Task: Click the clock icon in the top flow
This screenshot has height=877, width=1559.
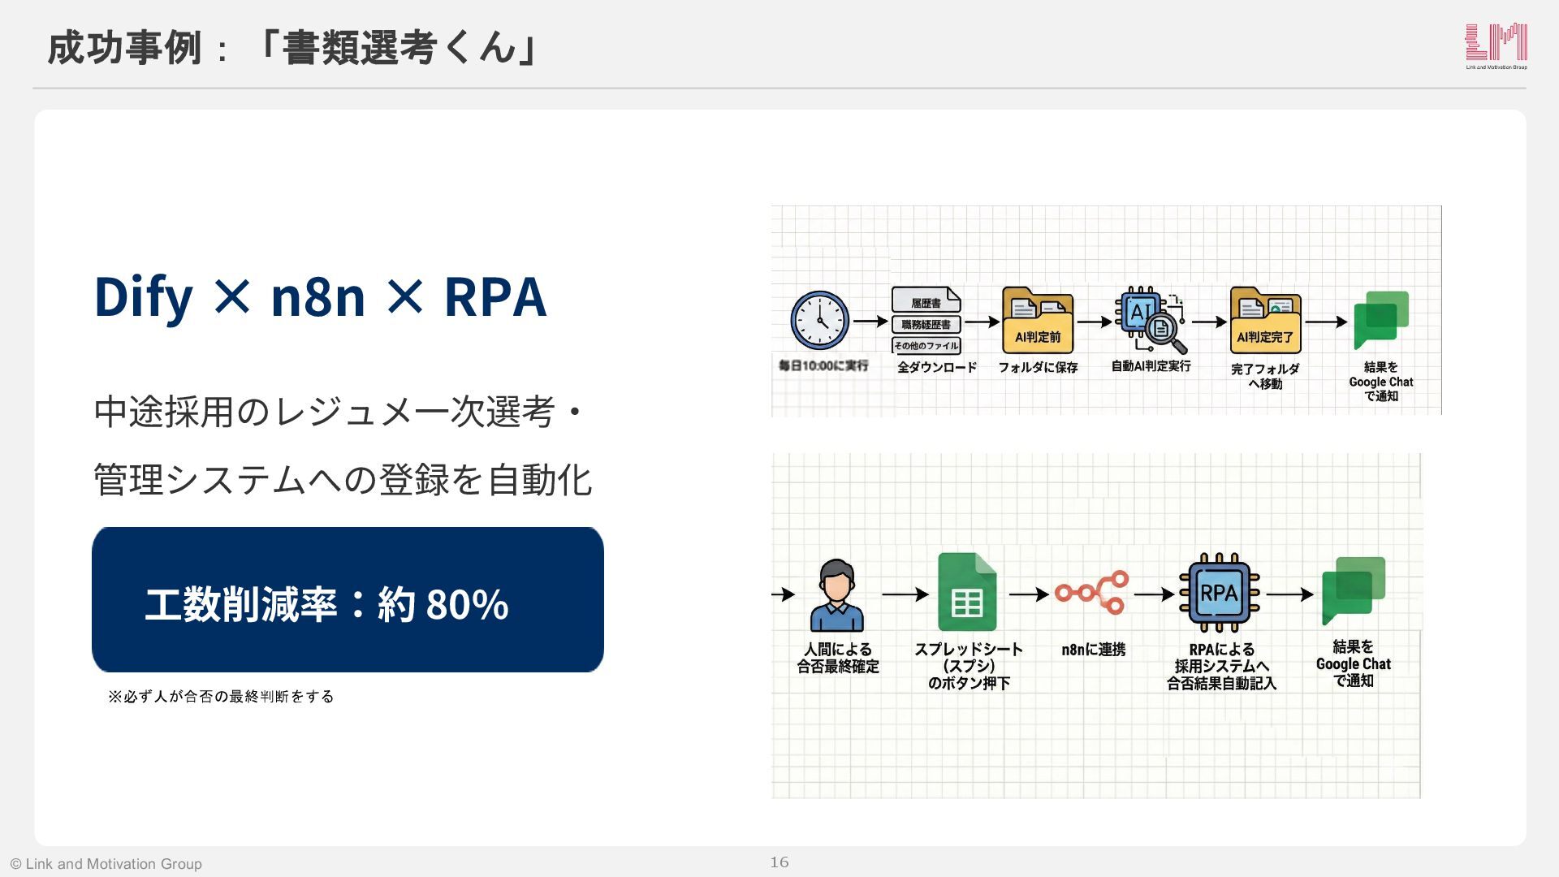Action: coord(820,321)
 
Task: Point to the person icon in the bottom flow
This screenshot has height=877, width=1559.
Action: coord(836,595)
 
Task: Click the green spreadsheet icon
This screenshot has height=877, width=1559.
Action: coord(967,592)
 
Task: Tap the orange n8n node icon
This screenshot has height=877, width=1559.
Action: coord(1092,592)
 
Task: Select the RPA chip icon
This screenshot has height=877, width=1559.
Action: coord(1219,593)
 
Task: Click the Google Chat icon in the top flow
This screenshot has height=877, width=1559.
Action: coord(1381,320)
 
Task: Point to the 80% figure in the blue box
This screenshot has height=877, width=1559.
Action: coord(467,605)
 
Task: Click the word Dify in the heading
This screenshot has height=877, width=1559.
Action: coord(144,296)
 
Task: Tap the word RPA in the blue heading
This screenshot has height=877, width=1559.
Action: coord(494,296)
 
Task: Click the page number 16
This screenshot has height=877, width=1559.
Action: coord(779,862)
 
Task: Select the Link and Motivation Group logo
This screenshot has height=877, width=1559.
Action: coord(1496,45)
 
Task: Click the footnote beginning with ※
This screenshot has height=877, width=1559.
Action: coord(221,697)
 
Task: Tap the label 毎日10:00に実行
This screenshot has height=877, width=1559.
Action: coord(823,365)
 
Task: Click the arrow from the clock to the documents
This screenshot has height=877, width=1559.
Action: coord(870,322)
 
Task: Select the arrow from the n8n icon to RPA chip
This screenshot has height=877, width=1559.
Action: coord(1154,594)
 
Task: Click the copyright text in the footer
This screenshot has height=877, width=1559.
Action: coord(106,864)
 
